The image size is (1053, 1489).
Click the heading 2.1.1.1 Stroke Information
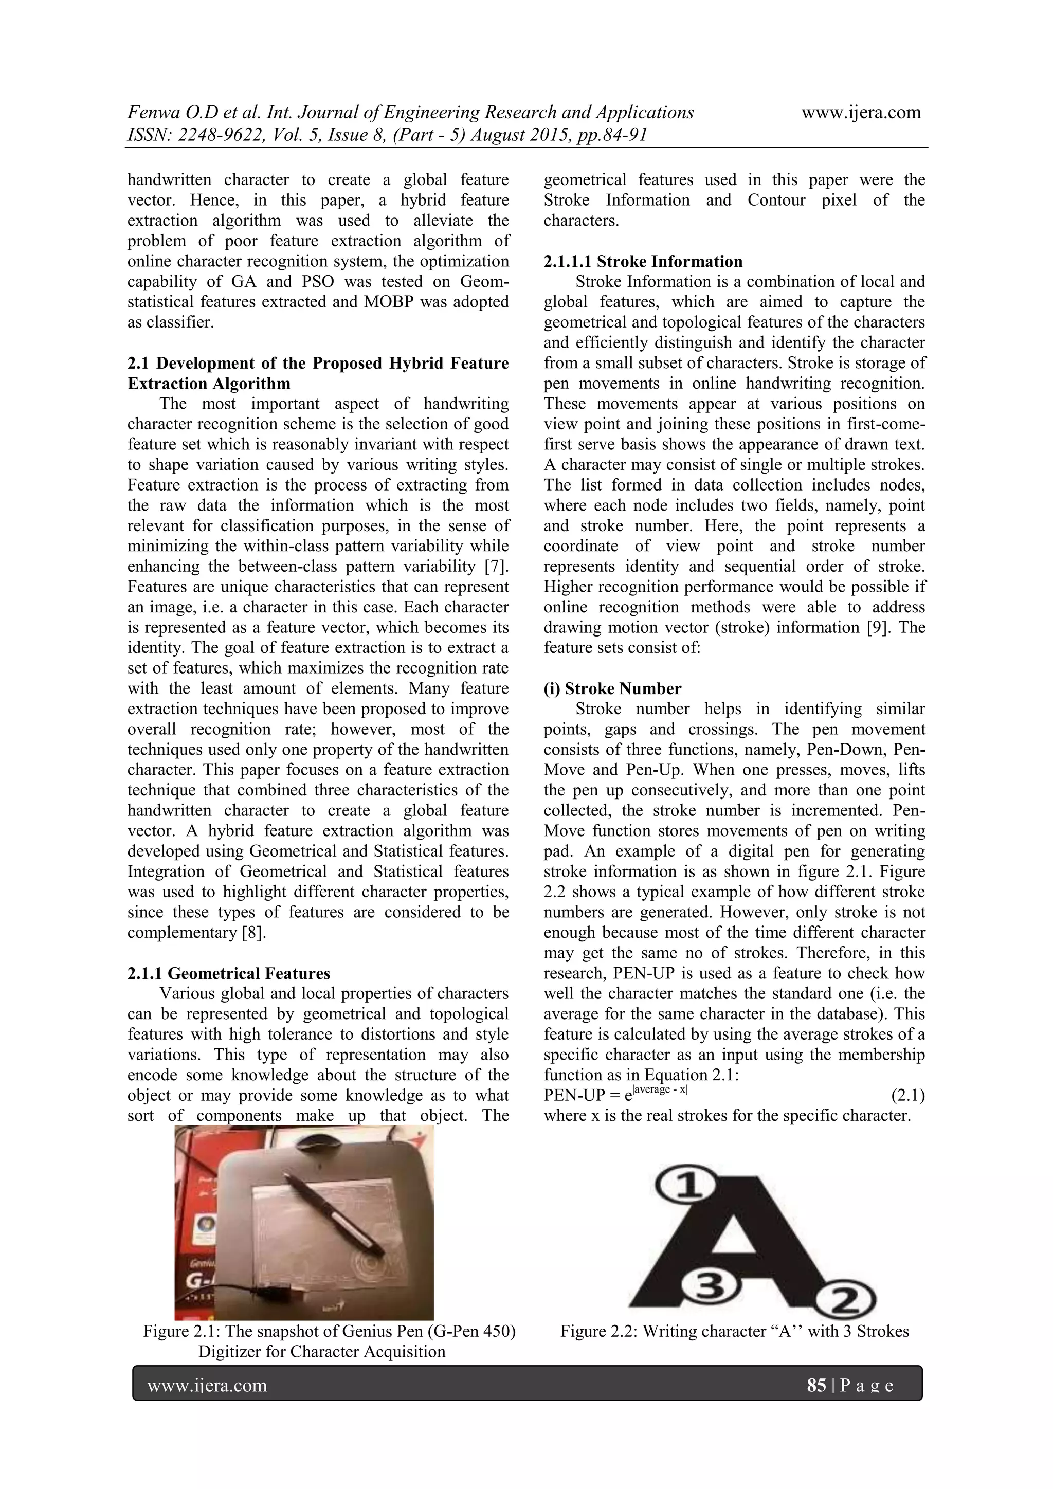[643, 261]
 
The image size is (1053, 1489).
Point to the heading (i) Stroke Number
[612, 688]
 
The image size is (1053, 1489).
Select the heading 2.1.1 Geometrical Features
[228, 973]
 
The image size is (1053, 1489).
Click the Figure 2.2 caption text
[734, 1331]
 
